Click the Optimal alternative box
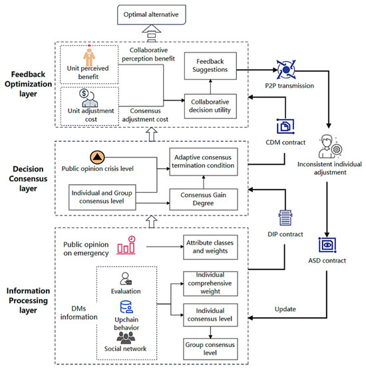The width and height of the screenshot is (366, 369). pos(152,15)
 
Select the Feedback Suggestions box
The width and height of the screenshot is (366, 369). pos(210,66)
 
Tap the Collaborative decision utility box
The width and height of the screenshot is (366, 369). pos(210,106)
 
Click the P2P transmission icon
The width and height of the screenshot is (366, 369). pos(286,69)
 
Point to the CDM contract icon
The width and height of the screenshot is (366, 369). pos(285,126)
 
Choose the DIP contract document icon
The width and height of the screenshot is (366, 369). pos(285,217)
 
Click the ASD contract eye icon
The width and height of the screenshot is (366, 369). pos(327,245)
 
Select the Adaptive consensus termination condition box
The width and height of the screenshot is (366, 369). pos(204,162)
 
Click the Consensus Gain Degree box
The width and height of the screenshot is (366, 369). pos(204,199)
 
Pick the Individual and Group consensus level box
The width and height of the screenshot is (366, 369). pos(102,197)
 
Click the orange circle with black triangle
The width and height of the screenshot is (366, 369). pos(97,158)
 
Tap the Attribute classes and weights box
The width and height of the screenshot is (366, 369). pos(210,247)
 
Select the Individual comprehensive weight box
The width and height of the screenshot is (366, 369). pos(210,284)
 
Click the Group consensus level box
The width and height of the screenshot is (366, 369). pos(210,349)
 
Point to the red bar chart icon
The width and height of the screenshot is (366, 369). pos(126,245)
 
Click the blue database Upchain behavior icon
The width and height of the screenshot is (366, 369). pos(126,307)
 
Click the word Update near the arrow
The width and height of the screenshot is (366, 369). pos(285,309)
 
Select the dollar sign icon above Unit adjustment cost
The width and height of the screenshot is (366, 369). pos(84,93)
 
